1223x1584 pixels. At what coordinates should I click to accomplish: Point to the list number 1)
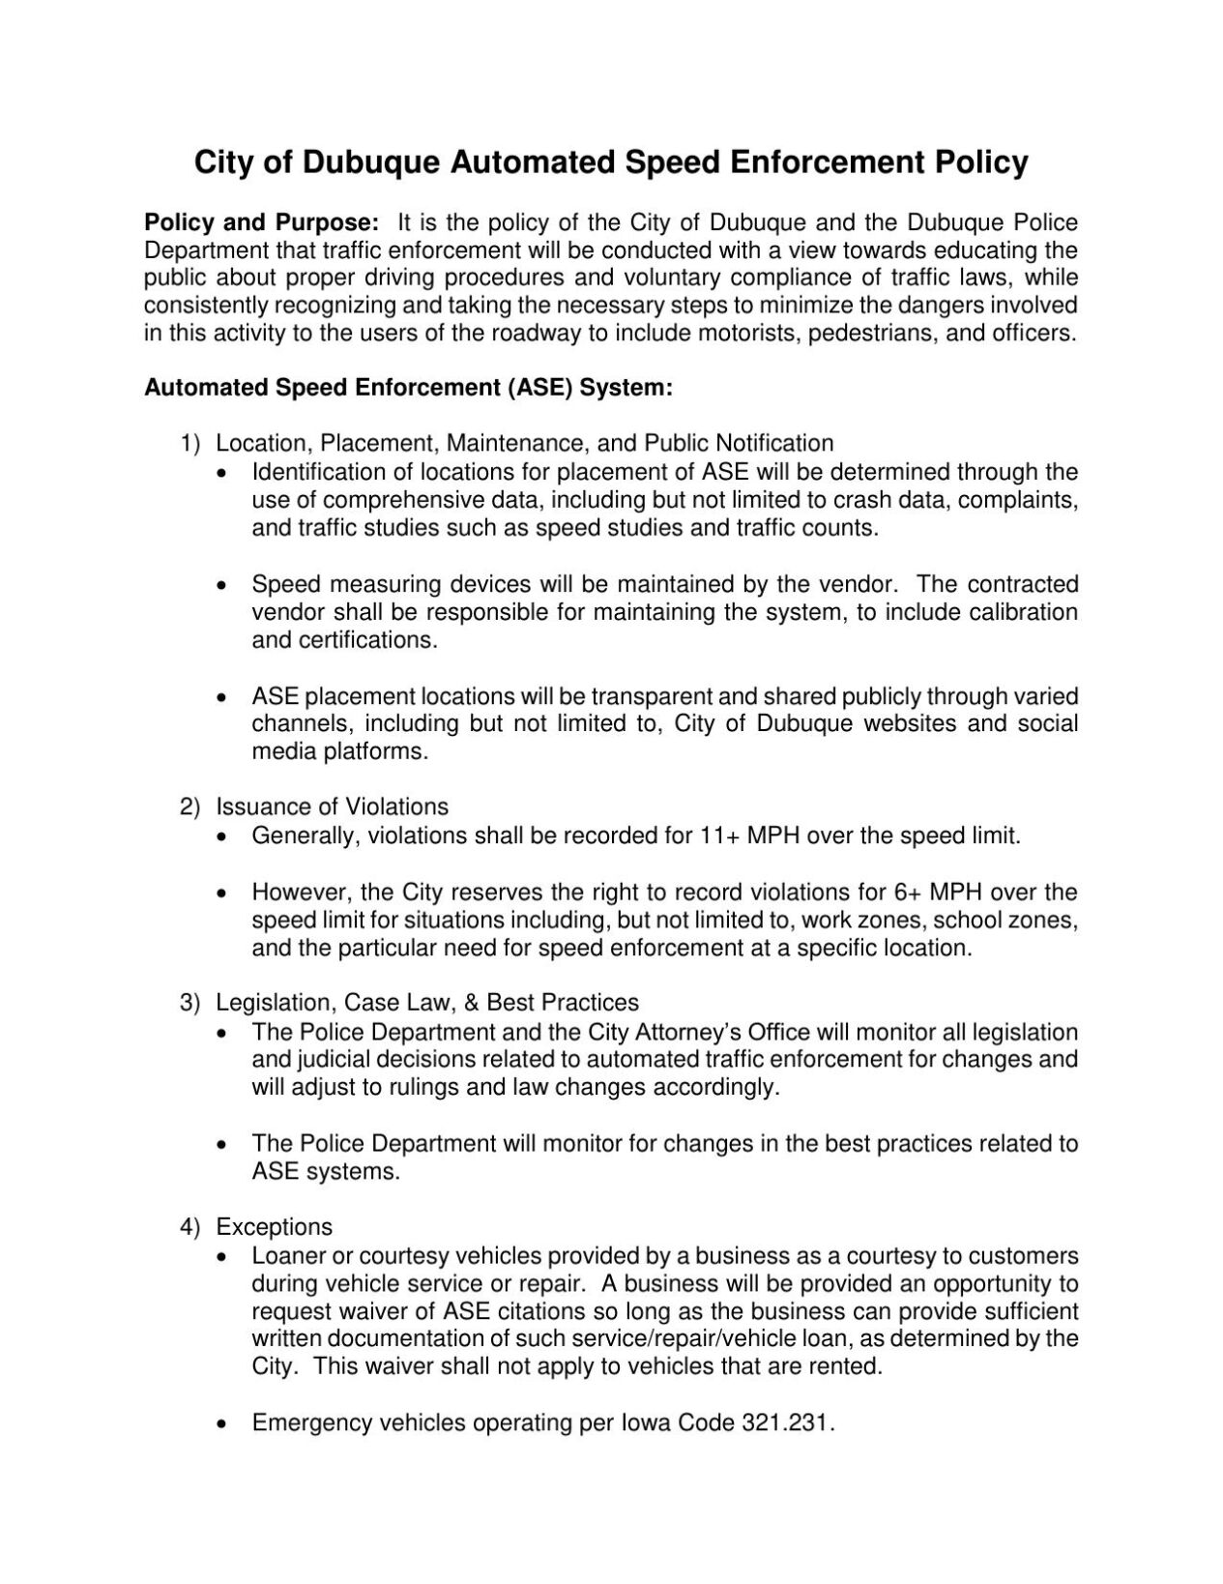click(189, 444)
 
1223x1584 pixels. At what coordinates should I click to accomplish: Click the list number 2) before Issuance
click(189, 807)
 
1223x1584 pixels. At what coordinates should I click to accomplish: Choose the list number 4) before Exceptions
click(189, 1227)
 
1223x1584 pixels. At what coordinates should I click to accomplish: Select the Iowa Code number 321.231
click(786, 1423)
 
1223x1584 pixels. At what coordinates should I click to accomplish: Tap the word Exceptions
click(274, 1227)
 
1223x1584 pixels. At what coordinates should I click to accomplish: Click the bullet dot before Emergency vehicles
click(224, 1424)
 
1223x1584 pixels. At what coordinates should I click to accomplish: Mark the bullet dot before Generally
click(224, 836)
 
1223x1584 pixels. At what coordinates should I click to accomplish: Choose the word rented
click(847, 1367)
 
